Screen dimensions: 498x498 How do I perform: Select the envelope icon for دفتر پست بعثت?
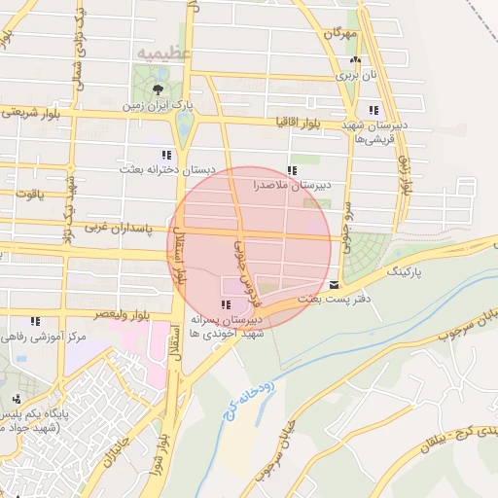coord(335,285)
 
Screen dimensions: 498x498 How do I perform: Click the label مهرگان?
coord(341,33)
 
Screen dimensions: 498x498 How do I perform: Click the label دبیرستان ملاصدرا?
coord(293,183)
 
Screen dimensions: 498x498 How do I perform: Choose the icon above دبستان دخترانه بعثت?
coord(166,155)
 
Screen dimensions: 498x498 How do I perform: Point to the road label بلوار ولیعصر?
coord(121,315)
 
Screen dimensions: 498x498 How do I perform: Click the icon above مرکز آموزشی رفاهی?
coord(36,321)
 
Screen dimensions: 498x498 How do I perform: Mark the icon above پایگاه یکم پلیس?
coord(16,399)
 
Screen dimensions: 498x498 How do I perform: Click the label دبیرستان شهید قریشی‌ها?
coord(373,131)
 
